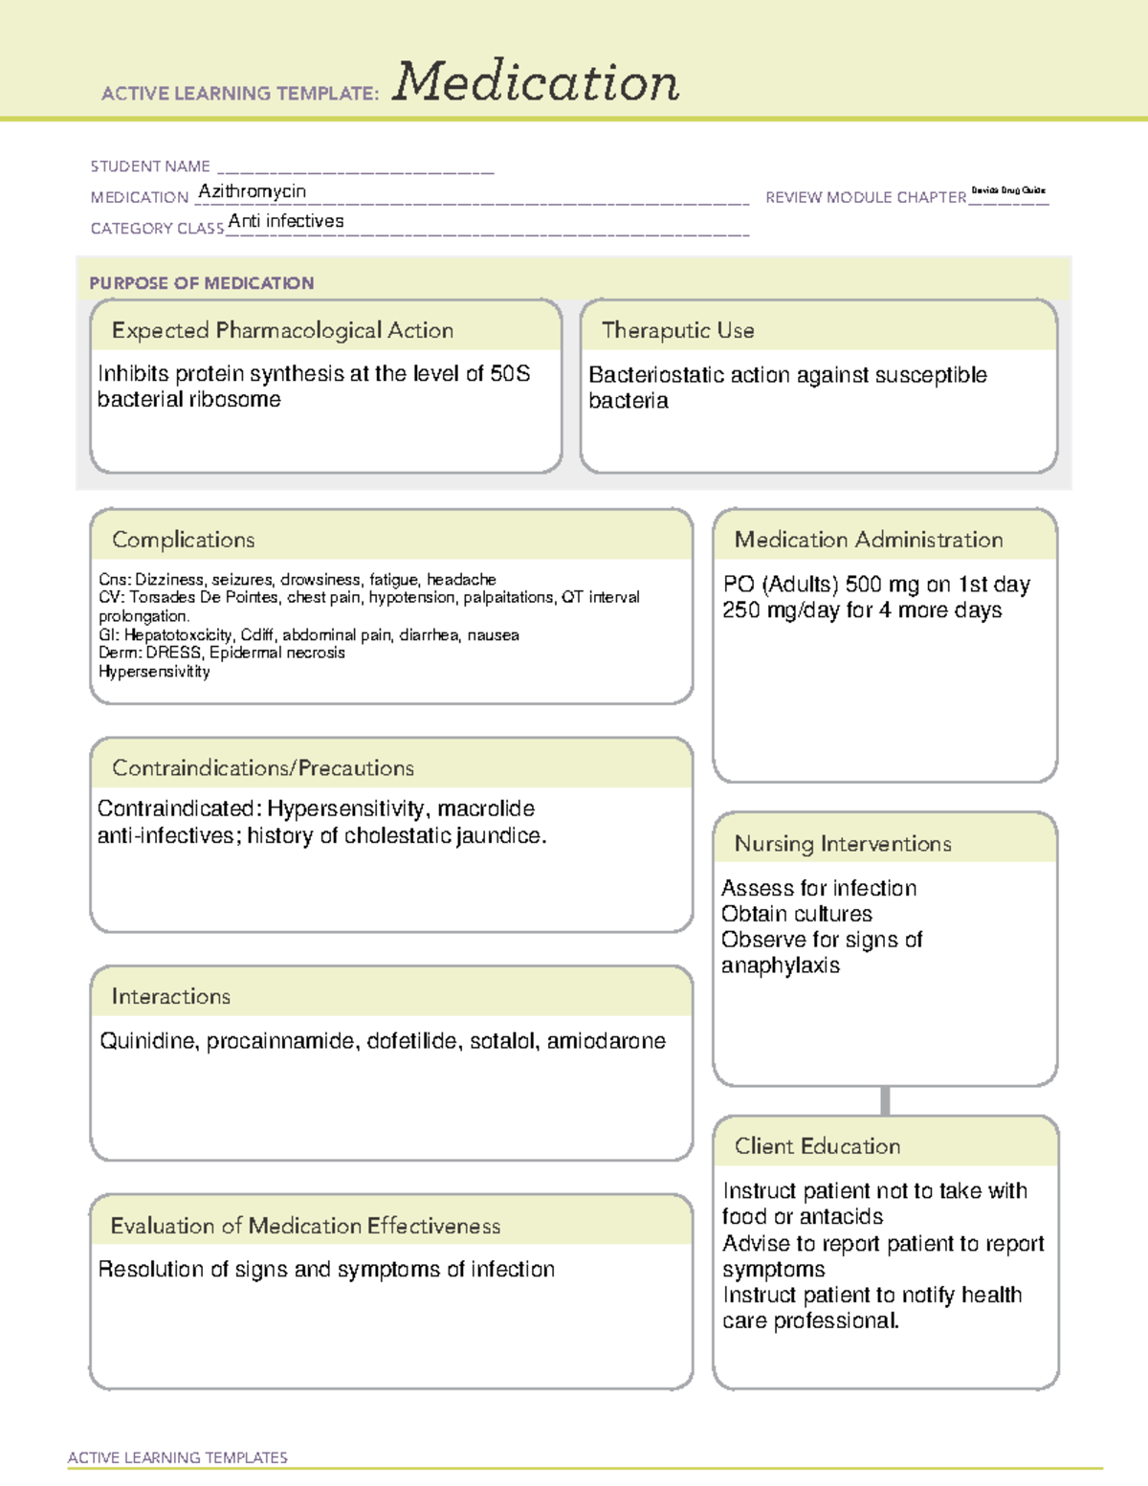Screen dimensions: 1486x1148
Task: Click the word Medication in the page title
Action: click(536, 82)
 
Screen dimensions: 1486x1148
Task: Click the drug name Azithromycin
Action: click(252, 191)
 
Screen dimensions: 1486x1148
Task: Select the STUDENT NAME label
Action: click(150, 166)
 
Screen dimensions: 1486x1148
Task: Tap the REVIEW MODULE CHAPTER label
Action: click(865, 197)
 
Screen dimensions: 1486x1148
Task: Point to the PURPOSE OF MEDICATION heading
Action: click(201, 283)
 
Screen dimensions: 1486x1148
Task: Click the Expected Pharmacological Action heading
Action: click(282, 331)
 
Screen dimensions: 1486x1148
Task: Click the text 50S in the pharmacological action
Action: click(510, 374)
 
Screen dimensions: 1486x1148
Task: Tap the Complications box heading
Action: click(183, 540)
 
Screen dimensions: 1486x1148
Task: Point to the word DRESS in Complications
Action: click(173, 654)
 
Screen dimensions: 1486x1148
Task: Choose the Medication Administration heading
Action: click(868, 540)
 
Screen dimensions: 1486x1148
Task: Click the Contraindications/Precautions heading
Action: click(262, 768)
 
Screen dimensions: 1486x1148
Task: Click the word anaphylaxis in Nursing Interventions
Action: click(780, 965)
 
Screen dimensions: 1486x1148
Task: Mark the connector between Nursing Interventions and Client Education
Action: click(885, 1100)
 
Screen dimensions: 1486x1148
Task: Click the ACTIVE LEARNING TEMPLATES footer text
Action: click(177, 1457)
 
